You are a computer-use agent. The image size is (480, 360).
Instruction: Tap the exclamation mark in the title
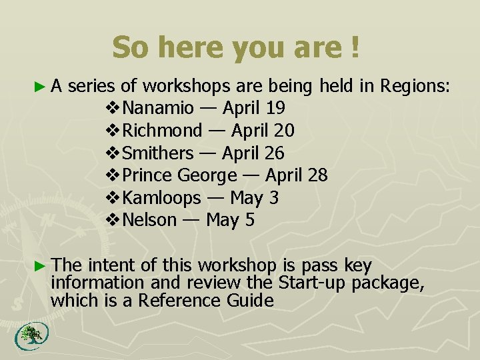click(353, 47)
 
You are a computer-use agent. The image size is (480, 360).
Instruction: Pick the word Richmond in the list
click(162, 130)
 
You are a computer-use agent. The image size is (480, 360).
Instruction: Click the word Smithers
click(158, 153)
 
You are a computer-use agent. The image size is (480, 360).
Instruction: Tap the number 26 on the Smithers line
click(274, 153)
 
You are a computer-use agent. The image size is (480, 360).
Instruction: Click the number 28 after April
click(317, 175)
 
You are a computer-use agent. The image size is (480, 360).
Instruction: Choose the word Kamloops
click(162, 198)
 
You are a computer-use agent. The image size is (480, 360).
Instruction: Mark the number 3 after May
click(273, 198)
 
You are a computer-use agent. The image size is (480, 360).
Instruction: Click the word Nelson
click(150, 220)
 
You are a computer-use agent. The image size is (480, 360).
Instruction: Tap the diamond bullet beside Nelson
click(113, 220)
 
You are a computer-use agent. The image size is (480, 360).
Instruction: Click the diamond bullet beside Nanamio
click(113, 107)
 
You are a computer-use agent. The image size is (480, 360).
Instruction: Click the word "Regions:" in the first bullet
click(415, 85)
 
